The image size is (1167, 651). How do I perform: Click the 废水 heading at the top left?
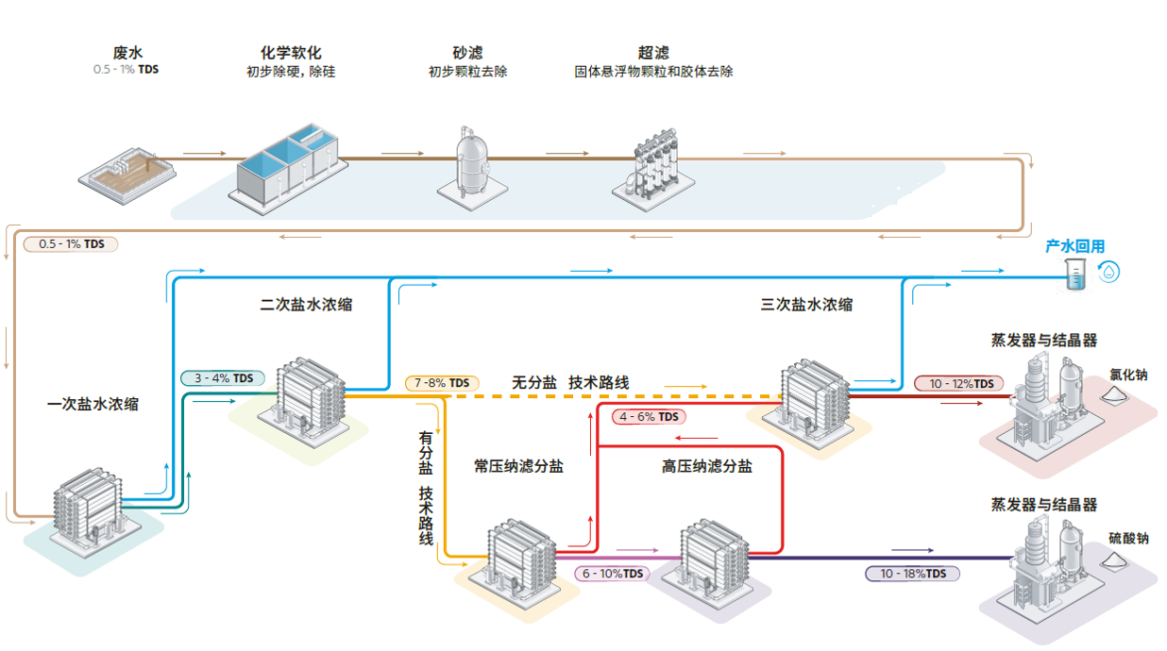(126, 54)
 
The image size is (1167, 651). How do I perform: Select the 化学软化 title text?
(291, 53)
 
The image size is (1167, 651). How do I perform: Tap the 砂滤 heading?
(467, 53)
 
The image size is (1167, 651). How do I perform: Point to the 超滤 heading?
(653, 53)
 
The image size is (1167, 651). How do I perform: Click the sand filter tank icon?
(467, 162)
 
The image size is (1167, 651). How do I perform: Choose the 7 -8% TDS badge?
(442, 383)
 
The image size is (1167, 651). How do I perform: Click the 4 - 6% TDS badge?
(649, 416)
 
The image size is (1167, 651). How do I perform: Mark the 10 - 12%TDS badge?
(957, 383)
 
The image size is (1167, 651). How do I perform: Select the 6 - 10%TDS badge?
(612, 574)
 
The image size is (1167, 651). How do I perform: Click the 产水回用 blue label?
(1074, 246)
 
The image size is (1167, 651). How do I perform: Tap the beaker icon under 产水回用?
(1075, 274)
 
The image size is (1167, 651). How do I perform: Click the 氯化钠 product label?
(1128, 375)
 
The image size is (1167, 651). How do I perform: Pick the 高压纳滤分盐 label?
(706, 466)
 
